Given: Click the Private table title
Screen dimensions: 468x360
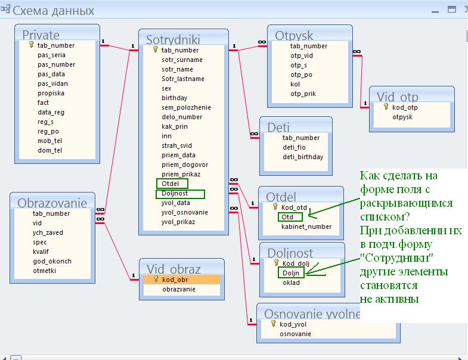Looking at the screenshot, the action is [41, 35].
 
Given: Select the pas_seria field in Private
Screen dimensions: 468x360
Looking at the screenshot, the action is [51, 55].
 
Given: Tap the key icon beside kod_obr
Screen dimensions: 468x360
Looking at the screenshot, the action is [156, 279].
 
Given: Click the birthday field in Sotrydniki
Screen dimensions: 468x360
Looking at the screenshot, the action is [174, 98].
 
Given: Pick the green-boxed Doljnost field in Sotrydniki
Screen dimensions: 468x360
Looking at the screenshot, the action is [180, 194].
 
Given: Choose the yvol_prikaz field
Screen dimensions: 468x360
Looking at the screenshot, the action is [178, 222].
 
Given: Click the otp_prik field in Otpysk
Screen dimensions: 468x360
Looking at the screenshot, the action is [303, 94].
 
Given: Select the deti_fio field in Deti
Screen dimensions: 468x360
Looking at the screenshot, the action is [294, 147].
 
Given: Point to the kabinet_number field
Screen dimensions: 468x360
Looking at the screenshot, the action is [306, 226].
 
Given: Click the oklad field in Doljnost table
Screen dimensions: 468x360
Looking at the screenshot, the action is [291, 283].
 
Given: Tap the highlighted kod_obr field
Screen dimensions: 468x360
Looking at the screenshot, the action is [182, 280].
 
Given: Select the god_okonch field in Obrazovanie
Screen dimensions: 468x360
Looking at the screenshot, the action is [52, 261].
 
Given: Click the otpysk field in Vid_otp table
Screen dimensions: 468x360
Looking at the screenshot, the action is [402, 117].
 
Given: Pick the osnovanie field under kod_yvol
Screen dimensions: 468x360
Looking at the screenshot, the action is [295, 334].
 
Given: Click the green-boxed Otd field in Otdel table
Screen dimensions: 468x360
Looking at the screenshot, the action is [290, 217].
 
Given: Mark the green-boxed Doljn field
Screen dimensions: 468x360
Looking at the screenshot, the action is [291, 272].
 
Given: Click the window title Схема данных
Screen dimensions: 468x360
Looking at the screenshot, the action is [53, 11].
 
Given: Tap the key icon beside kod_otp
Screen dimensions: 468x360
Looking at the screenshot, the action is [386, 107].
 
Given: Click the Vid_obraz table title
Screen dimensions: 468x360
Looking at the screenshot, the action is [173, 269].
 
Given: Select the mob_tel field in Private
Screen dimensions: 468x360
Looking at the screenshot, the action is [49, 141].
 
